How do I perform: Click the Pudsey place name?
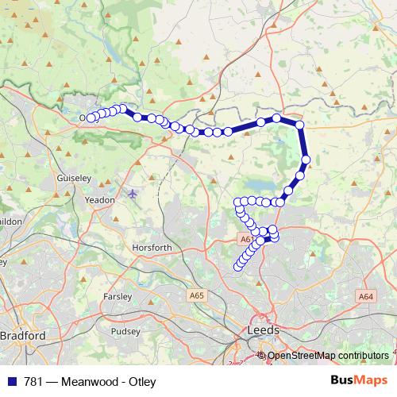pyautogui.click(x=125, y=332)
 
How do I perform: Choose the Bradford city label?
pyautogui.click(x=23, y=335)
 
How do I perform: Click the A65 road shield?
pyautogui.click(x=197, y=295)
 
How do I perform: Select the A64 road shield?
pyautogui.click(x=365, y=296)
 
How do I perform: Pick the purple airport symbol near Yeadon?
pyautogui.click(x=132, y=193)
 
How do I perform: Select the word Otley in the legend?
pyautogui.click(x=141, y=381)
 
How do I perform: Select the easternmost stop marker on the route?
pyautogui.click(x=306, y=160)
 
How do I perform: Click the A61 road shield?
pyautogui.click(x=245, y=237)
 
